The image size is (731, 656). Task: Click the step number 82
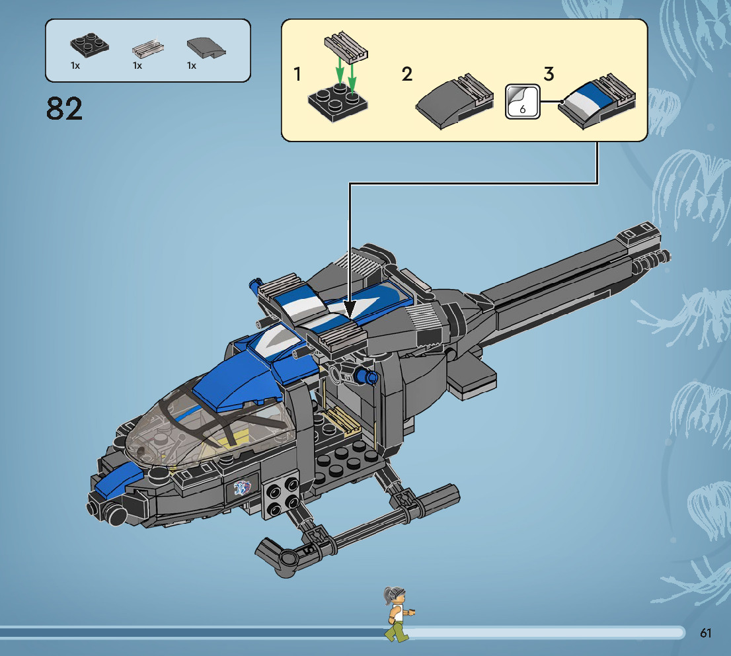coord(65,108)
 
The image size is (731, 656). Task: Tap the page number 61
coord(705,633)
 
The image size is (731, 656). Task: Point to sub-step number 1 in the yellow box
coord(297,75)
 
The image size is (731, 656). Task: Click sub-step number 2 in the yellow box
coord(407,74)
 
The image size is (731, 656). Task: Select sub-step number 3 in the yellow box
coord(548,74)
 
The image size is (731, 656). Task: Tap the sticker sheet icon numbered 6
coord(521,102)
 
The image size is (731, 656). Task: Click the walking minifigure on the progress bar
coord(397,614)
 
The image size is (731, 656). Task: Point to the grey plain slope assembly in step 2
coord(455,101)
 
